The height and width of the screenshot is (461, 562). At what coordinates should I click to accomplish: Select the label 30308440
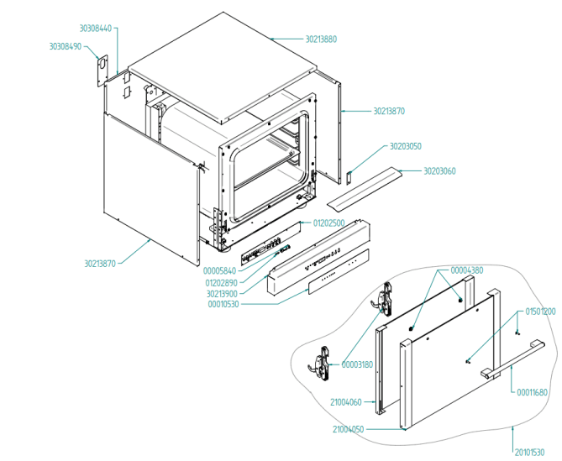pyautogui.click(x=95, y=28)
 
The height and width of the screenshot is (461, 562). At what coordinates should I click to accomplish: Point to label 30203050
pyautogui.click(x=405, y=146)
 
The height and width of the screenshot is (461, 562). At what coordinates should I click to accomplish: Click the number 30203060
pyautogui.click(x=439, y=170)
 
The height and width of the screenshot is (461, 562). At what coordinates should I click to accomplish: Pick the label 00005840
pyautogui.click(x=220, y=270)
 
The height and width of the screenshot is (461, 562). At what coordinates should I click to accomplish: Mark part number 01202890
pyautogui.click(x=220, y=282)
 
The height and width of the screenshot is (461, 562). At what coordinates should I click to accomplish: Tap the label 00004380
pyautogui.click(x=466, y=270)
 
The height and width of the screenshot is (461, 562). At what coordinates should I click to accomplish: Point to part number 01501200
pyautogui.click(x=540, y=312)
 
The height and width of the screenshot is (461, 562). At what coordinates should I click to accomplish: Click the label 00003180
pyautogui.click(x=358, y=364)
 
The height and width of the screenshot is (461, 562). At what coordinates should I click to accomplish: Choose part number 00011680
pyautogui.click(x=532, y=392)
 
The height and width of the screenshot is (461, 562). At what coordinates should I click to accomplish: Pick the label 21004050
pyautogui.click(x=348, y=429)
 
